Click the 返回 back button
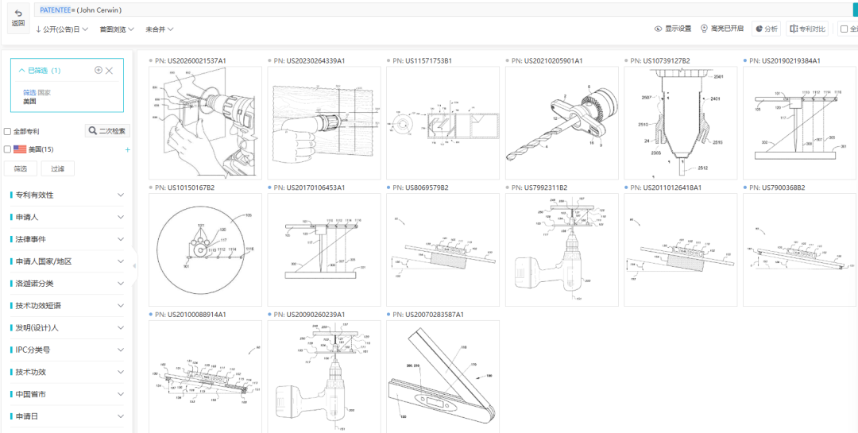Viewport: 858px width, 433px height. click(17, 18)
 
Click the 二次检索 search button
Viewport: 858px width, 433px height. click(107, 131)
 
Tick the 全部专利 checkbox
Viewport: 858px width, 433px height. click(8, 132)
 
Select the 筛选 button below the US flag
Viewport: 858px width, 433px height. click(21, 168)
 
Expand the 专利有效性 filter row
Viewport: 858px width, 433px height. click(68, 195)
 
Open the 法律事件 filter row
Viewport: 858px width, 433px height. click(68, 239)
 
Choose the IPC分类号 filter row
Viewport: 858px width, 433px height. click(68, 350)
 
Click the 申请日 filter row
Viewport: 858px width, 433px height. click(68, 416)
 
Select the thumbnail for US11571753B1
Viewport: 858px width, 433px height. click(443, 123)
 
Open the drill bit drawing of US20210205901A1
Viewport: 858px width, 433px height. click(562, 123)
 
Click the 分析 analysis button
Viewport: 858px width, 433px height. click(766, 29)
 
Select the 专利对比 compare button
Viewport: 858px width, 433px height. click(807, 29)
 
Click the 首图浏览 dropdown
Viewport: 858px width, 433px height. click(117, 29)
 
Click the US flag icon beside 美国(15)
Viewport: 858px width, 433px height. click(20, 149)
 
